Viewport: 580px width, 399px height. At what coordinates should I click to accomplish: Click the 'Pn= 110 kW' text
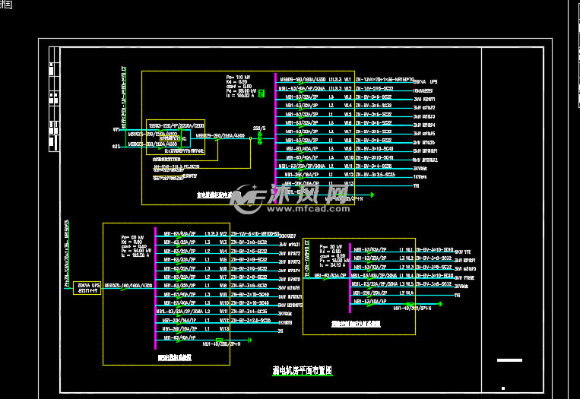[238, 77]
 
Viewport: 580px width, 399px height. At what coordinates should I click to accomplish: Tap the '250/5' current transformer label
[259, 128]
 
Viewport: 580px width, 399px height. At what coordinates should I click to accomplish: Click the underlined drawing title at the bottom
[302, 370]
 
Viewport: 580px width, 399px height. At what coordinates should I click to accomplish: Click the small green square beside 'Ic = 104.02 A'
[261, 93]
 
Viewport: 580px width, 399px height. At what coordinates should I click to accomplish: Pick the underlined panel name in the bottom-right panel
[361, 324]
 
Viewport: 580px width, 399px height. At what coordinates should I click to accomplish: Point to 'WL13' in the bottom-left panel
[223, 328]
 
